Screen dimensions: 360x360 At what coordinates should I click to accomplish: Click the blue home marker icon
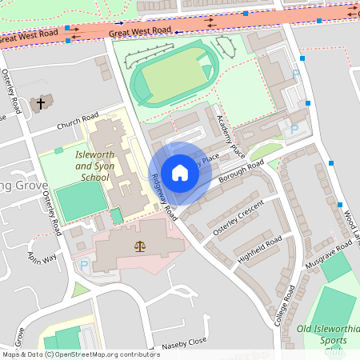coord(180,173)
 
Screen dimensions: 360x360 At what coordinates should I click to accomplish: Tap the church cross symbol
coord(41,102)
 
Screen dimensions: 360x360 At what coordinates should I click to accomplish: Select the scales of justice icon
coord(141,247)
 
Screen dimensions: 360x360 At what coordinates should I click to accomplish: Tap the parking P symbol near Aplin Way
coord(83,266)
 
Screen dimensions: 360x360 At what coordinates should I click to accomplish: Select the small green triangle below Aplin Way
coord(80,290)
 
